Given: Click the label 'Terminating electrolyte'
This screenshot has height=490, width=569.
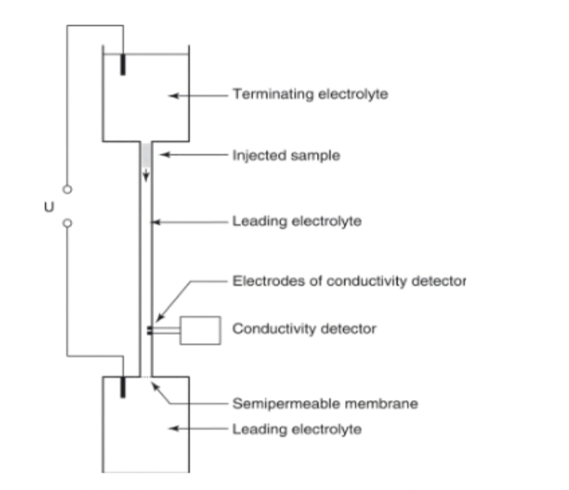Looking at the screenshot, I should point(310,95).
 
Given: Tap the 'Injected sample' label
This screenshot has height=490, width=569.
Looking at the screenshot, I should point(286,156).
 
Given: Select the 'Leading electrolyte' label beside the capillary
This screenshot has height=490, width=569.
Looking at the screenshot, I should point(296,222).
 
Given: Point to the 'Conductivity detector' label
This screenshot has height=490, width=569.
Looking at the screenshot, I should point(304,329).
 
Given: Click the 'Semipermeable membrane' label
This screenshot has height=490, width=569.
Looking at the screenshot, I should point(325,404).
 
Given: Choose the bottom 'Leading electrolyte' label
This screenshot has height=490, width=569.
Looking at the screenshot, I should point(296,430).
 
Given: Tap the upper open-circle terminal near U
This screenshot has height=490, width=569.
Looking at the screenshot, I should point(67,190).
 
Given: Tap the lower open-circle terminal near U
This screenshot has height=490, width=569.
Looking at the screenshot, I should point(67,224).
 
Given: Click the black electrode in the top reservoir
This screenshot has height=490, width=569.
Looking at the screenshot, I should point(124,64).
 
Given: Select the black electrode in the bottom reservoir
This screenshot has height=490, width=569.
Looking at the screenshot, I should point(123,386).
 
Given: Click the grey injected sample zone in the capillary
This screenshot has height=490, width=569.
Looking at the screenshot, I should point(145,156).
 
